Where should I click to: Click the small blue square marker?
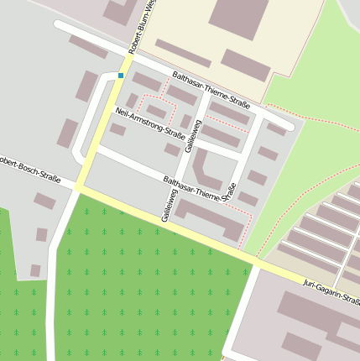coord(121,76)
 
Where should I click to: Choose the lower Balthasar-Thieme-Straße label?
coord(198,190)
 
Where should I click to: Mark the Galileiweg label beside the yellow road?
coord(165,206)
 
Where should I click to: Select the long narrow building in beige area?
coord(183,52)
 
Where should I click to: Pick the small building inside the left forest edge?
coord(35,270)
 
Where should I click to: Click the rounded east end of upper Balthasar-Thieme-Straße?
coord(290,125)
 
